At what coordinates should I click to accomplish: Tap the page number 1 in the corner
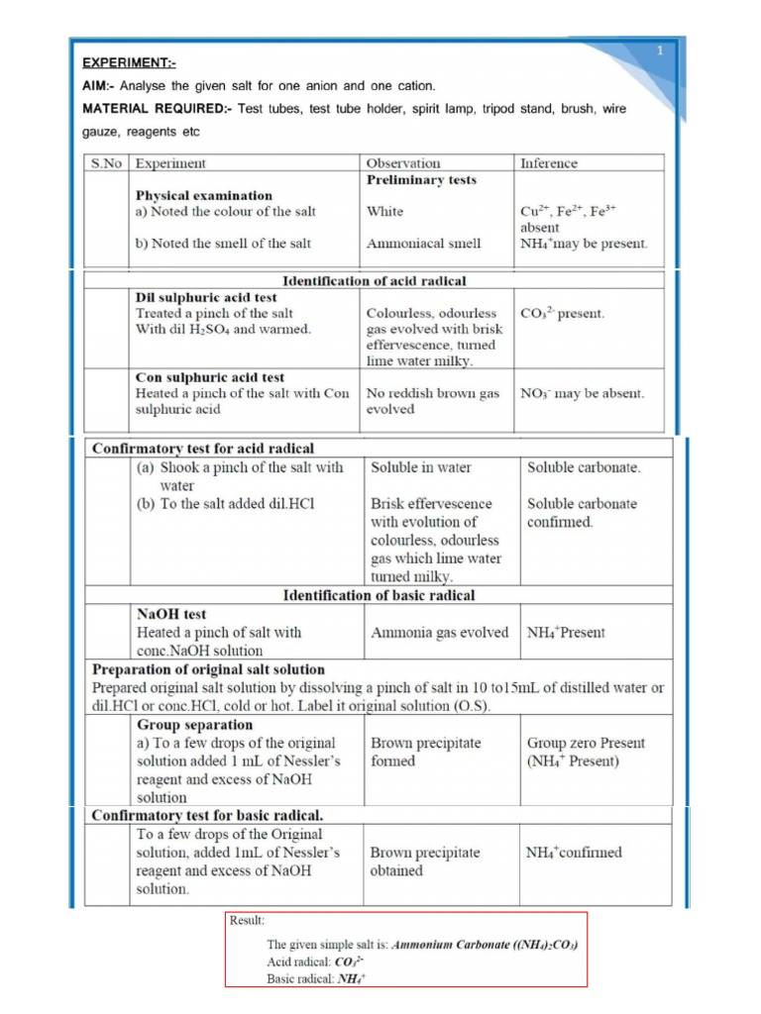pyautogui.click(x=659, y=51)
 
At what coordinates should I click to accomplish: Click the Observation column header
pyautogui.click(x=403, y=163)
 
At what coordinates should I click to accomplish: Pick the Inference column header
pyautogui.click(x=548, y=163)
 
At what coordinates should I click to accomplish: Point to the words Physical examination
pyautogui.click(x=204, y=195)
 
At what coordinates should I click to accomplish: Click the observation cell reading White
pyautogui.click(x=384, y=211)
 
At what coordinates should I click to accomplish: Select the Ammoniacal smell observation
pyautogui.click(x=423, y=243)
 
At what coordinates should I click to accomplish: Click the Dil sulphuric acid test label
pyautogui.click(x=206, y=297)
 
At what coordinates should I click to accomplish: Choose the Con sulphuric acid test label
pyautogui.click(x=210, y=377)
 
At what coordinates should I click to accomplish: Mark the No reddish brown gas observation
pyautogui.click(x=433, y=393)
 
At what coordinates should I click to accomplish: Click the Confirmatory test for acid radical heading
pyautogui.click(x=203, y=449)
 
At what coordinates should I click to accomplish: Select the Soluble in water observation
pyautogui.click(x=421, y=467)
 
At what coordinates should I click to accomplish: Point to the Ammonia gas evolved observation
pyautogui.click(x=439, y=632)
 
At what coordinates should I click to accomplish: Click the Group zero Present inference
pyautogui.click(x=586, y=743)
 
